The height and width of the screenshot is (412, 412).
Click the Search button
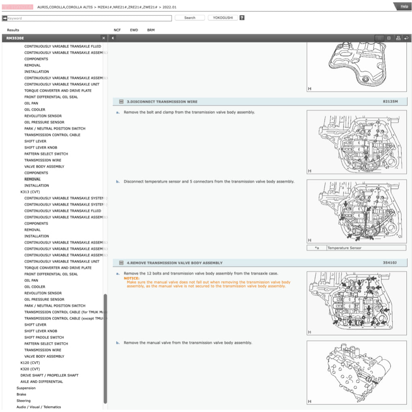[x=190, y=18]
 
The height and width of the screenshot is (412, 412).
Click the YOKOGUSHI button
[x=223, y=18]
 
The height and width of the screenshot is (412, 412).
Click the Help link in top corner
[x=404, y=6]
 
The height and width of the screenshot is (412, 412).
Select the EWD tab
[x=134, y=30]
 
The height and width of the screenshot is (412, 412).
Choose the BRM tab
[x=151, y=30]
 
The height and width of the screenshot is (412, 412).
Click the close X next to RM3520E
[x=103, y=38]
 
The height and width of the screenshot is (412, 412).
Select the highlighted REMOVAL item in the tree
[x=32, y=179]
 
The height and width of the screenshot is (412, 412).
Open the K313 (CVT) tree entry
[x=30, y=192]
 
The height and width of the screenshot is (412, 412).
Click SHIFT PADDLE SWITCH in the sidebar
[x=44, y=337]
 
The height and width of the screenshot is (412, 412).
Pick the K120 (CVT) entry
[x=30, y=363]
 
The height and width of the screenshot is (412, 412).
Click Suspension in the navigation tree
[x=26, y=388]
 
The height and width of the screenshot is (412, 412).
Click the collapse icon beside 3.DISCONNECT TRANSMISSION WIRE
[x=121, y=102]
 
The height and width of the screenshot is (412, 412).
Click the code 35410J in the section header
[x=389, y=263]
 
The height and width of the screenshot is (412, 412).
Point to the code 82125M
[x=390, y=101]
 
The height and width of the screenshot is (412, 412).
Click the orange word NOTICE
[x=132, y=278]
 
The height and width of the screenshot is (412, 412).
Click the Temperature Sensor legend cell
[x=344, y=248]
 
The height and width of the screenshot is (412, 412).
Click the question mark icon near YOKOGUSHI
[x=242, y=18]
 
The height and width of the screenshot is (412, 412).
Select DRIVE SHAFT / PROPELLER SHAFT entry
[x=49, y=375]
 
